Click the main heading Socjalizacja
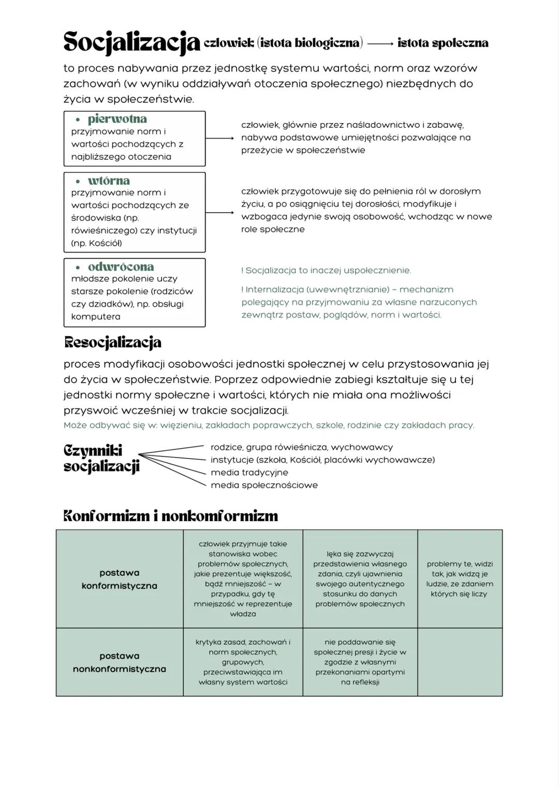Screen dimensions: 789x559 coord(131,42)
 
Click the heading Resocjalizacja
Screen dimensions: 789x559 coord(112,343)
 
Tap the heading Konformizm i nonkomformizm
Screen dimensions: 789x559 coord(170,516)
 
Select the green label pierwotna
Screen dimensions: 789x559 coord(117,119)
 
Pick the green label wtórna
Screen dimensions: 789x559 coord(109,181)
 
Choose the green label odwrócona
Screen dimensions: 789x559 coord(121,267)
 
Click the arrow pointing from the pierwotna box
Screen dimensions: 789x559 coord(219,138)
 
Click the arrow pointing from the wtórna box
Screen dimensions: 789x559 coord(219,213)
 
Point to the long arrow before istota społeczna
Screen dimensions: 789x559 coord(380,44)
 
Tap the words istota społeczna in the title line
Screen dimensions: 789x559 coord(443,43)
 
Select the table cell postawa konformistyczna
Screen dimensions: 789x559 coord(120,579)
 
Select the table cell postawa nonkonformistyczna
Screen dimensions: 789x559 coord(120,662)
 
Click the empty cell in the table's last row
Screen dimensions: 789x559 coord(460,662)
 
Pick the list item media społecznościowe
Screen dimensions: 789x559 coord(264,485)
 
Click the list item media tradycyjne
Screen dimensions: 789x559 coord(249,472)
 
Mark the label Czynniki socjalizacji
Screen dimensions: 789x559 coord(101,458)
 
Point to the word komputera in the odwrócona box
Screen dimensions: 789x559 coord(96,317)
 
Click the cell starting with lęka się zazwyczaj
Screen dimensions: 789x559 coord(360,579)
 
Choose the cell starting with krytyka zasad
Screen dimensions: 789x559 coord(243,662)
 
